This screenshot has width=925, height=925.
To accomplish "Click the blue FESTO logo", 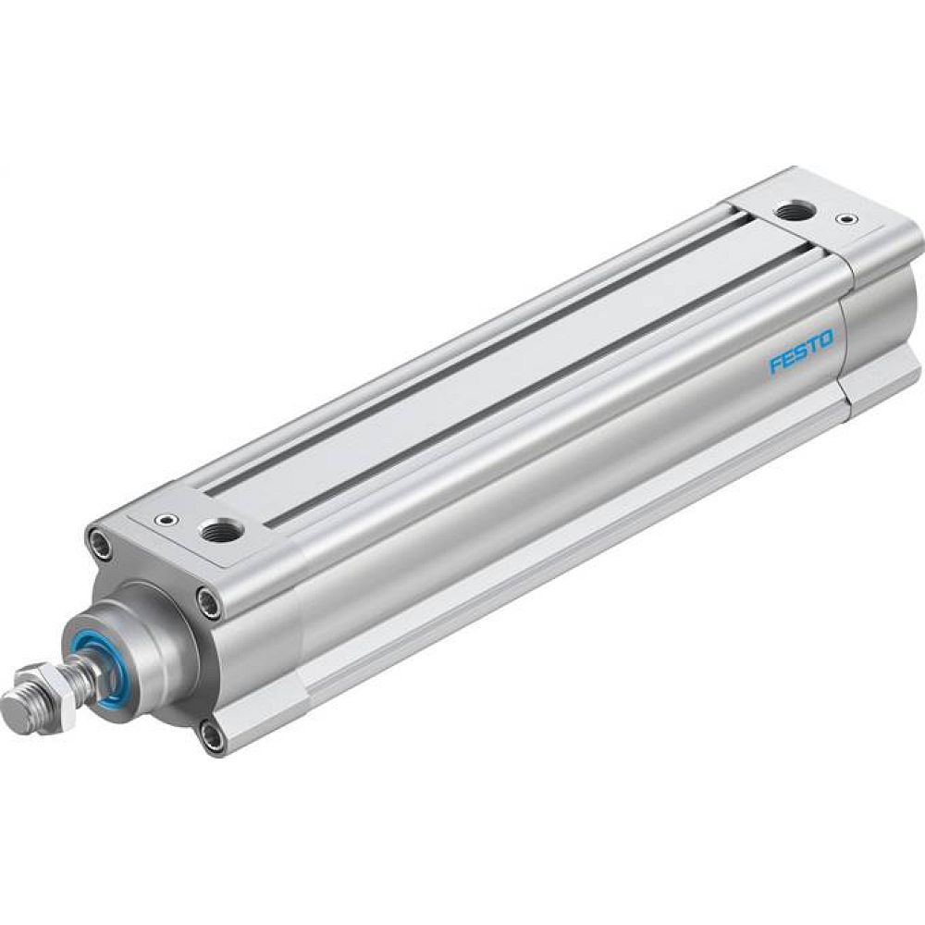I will (x=801, y=352).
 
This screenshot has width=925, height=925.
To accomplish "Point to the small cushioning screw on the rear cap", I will (x=843, y=220).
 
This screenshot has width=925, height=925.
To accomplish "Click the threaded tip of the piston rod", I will (x=17, y=713).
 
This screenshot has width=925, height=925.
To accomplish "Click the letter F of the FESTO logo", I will (x=775, y=365).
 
